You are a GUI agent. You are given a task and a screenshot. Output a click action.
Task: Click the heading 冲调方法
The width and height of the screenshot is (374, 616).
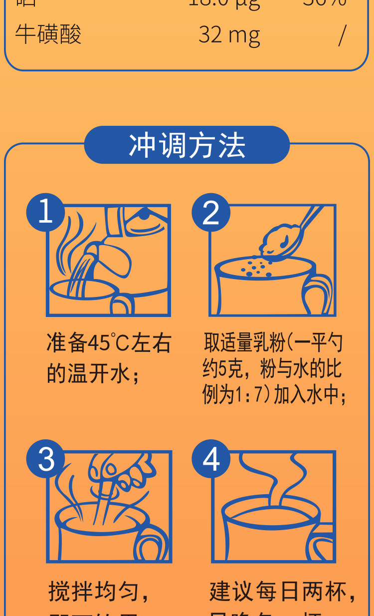[187, 145]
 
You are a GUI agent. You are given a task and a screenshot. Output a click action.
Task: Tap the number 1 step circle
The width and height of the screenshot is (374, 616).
[45, 212]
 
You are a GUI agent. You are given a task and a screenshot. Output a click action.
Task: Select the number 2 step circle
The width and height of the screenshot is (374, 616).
[211, 212]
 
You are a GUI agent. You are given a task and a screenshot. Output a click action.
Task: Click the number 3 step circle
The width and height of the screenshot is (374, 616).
[45, 459]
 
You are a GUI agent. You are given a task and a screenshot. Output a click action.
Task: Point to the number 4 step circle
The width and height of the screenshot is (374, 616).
[211, 459]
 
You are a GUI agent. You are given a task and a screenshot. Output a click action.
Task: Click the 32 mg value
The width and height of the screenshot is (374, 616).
[229, 35]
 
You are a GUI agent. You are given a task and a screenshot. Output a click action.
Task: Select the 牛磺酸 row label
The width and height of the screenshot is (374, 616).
[48, 35]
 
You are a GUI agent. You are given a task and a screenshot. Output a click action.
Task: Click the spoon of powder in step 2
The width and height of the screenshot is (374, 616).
[282, 240]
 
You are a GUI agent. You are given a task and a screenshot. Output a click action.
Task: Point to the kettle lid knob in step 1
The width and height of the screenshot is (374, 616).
[144, 215]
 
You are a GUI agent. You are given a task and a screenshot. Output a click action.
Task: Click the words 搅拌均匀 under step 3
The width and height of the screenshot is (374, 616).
[92, 592]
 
